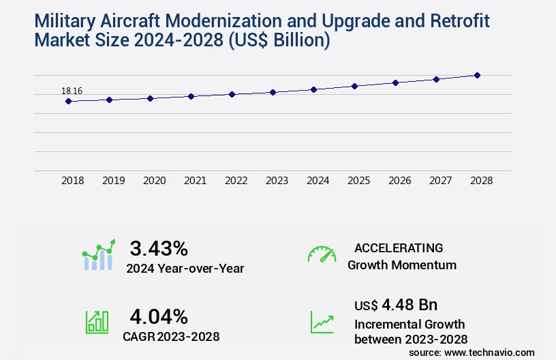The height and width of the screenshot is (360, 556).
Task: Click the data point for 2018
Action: point(68,102)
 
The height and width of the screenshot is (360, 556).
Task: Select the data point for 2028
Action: point(477,75)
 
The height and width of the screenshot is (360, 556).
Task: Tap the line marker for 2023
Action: point(273,92)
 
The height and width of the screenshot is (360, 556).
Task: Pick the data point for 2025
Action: point(354,86)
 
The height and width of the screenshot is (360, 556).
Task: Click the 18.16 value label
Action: point(72,91)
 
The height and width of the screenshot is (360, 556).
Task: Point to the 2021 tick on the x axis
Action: point(195,181)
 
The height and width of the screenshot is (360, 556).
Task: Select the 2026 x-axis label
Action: point(399,181)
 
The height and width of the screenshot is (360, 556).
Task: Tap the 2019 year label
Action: point(113,181)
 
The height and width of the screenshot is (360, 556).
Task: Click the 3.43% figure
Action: point(159,248)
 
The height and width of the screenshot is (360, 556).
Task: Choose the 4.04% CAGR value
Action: point(159,316)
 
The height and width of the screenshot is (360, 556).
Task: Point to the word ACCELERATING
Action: point(399,247)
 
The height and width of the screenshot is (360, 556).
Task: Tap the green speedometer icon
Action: point(322,254)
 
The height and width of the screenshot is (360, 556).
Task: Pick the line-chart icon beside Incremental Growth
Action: point(322,322)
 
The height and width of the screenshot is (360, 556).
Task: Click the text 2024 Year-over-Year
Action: point(185,268)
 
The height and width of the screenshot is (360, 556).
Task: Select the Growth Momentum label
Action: point(402,265)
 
